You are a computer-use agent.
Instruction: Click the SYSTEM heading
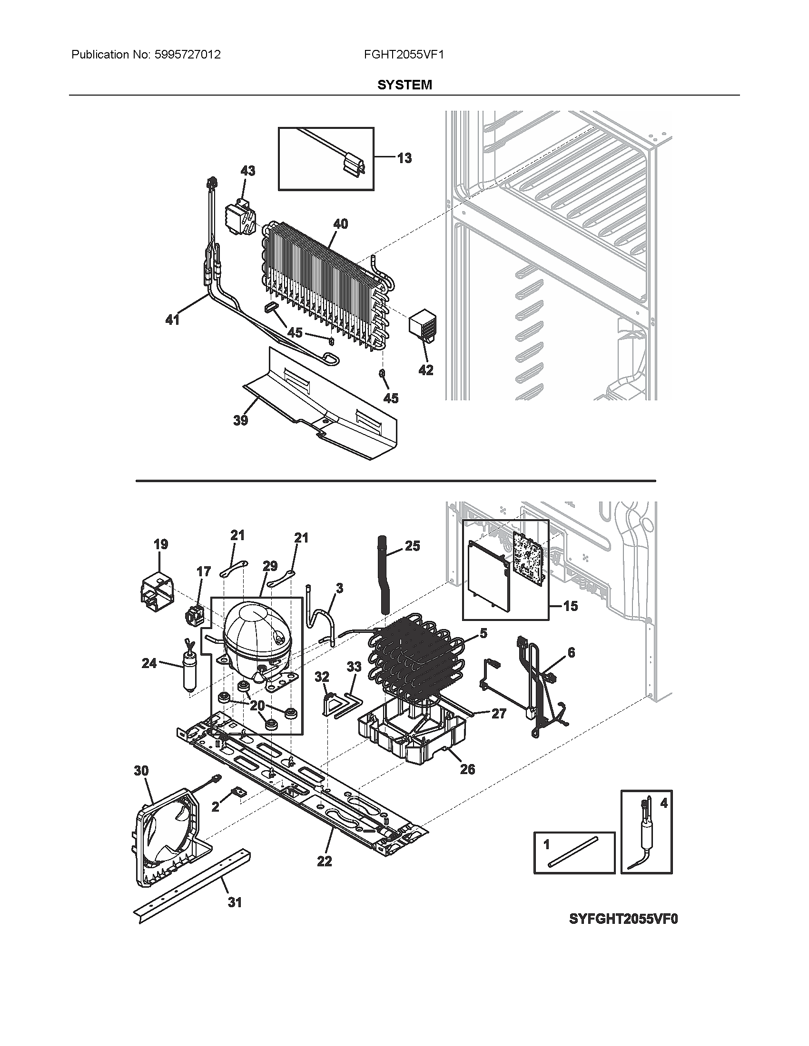[404, 85]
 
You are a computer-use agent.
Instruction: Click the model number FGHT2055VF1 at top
[404, 55]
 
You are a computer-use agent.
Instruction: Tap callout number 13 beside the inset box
[404, 158]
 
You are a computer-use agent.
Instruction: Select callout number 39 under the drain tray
[240, 420]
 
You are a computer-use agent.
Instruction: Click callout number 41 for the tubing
[172, 320]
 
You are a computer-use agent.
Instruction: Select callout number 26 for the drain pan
[467, 769]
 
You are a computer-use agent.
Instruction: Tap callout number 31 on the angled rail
[234, 902]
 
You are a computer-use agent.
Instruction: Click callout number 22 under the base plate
[325, 861]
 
